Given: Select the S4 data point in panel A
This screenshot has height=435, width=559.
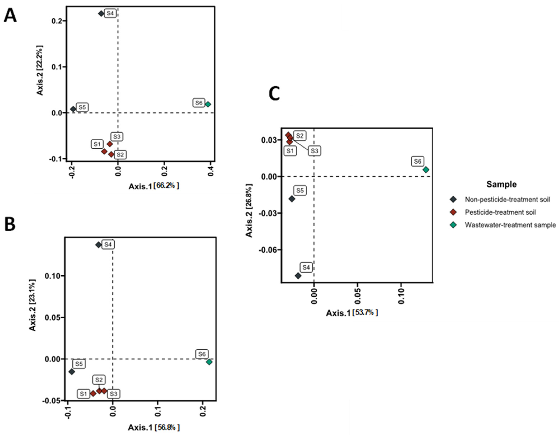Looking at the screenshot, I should (101, 14).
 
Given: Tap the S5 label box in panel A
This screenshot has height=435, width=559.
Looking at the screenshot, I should (82, 107).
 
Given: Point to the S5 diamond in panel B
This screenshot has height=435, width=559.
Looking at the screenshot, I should (72, 372).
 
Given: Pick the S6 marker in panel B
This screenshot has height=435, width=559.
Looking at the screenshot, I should (209, 362).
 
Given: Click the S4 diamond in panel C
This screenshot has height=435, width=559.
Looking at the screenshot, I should (298, 276).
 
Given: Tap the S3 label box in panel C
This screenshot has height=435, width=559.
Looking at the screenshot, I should (314, 151).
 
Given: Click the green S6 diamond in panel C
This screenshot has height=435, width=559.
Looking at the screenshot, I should (426, 170).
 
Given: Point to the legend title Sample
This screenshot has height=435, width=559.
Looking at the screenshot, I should (501, 184).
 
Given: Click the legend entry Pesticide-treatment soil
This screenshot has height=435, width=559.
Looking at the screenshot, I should (500, 212).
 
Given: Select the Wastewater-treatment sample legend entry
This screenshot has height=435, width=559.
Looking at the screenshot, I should (510, 225).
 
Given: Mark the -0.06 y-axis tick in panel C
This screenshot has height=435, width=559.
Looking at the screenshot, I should (268, 250).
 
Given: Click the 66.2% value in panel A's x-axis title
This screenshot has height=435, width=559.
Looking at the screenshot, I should (166, 186).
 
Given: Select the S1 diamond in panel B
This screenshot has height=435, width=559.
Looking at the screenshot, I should (93, 393).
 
